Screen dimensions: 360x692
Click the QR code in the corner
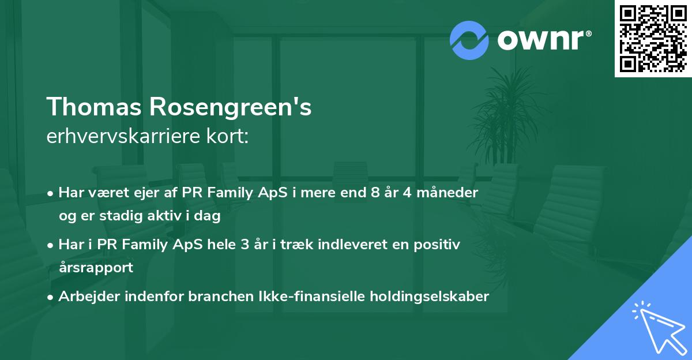[653, 39]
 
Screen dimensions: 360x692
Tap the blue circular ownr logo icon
[469, 40]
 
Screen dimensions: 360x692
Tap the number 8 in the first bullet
[377, 193]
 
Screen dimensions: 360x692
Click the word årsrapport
[96, 268]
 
